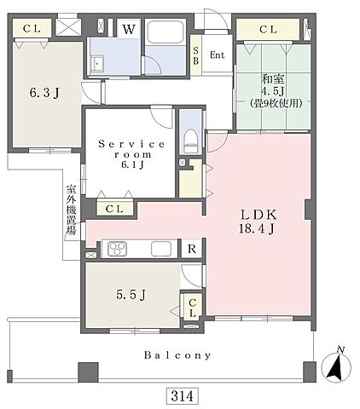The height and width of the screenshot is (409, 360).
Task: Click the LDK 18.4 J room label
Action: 258,222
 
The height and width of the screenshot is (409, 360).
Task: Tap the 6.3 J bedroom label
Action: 44,93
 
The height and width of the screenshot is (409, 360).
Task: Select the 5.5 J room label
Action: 131,295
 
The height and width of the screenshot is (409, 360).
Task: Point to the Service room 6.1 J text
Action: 131,154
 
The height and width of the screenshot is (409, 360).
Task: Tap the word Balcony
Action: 177,355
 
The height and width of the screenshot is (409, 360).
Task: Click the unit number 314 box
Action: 182,396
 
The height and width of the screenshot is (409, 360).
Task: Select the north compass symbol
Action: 336,365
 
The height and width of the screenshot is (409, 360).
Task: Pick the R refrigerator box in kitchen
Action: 192,249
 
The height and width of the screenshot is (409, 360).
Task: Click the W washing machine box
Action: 129,28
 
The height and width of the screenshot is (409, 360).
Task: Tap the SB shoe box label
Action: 195,55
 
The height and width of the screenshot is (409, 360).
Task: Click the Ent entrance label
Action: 218,55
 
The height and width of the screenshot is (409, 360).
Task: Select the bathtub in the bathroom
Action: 165,32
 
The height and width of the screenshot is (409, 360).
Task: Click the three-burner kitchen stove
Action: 117,249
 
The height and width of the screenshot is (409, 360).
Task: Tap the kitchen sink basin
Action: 161,249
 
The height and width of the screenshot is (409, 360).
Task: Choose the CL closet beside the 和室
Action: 268,29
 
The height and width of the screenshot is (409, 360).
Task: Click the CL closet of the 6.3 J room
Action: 32,28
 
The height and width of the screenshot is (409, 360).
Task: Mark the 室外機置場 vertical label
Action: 72,210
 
